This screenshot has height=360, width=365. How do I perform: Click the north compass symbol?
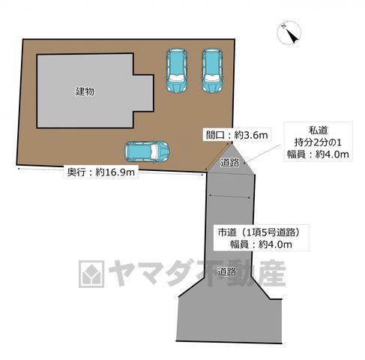[x=289, y=33]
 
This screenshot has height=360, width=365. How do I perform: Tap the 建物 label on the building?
[x=85, y=91]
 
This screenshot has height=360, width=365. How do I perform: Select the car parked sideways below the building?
[x=147, y=151]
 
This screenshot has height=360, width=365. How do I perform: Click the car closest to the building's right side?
[x=177, y=70]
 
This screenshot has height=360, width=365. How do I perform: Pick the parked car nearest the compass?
[x=212, y=70]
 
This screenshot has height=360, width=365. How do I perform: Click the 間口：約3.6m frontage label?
[x=237, y=135]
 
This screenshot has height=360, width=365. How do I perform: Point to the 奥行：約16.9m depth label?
[x=101, y=172]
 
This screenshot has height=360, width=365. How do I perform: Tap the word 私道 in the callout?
[x=318, y=130]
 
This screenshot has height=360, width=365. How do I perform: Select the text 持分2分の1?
[x=318, y=142]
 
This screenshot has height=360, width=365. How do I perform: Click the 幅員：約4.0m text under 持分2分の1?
[x=318, y=154]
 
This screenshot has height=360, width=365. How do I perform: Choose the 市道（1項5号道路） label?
[x=259, y=232]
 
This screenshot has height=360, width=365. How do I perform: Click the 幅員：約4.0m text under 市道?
[x=261, y=244]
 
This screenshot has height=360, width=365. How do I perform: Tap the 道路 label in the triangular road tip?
[x=229, y=163]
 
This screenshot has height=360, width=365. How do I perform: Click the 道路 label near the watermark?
[x=226, y=271]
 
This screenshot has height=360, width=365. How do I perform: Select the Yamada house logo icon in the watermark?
[x=91, y=274]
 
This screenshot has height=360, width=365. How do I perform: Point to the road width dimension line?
[x=230, y=196]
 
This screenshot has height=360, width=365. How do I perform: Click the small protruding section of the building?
[x=143, y=93]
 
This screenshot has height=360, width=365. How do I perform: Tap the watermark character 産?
[x=271, y=274]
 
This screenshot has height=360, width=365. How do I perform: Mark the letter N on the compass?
[x=283, y=25]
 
